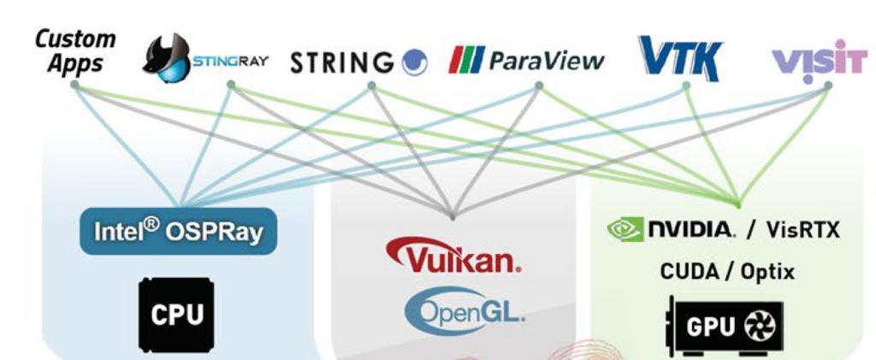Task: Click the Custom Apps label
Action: (x=76, y=51)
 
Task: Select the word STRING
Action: (x=342, y=62)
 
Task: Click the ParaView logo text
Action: (x=526, y=61)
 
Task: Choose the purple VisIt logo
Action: (x=820, y=60)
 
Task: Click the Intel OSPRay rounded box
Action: (x=178, y=231)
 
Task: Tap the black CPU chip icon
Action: (x=176, y=315)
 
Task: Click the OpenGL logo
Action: (x=465, y=313)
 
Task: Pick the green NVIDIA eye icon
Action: (x=625, y=230)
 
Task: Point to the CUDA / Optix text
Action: (x=727, y=272)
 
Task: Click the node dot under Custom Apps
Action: (x=75, y=86)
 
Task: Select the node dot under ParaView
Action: (x=539, y=86)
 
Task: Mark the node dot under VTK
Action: (x=686, y=86)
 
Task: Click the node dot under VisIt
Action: (x=828, y=86)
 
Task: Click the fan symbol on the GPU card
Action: (x=758, y=327)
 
